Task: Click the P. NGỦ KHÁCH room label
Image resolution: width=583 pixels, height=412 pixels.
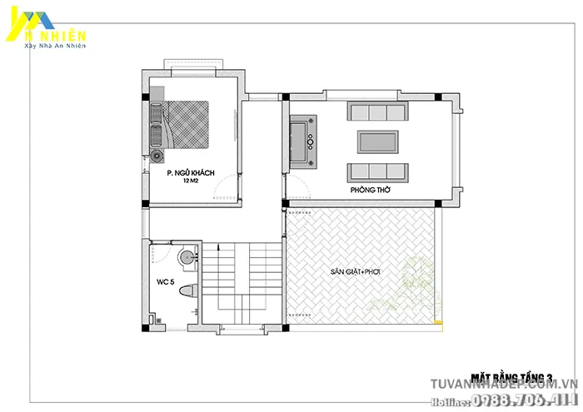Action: (x=191, y=172)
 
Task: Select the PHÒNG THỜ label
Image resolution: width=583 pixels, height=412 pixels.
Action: (x=371, y=191)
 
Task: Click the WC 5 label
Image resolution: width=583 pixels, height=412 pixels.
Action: (x=166, y=282)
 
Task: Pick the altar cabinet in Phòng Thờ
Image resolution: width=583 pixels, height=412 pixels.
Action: (x=299, y=139)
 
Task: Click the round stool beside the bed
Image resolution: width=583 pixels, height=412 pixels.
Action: (x=157, y=156)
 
